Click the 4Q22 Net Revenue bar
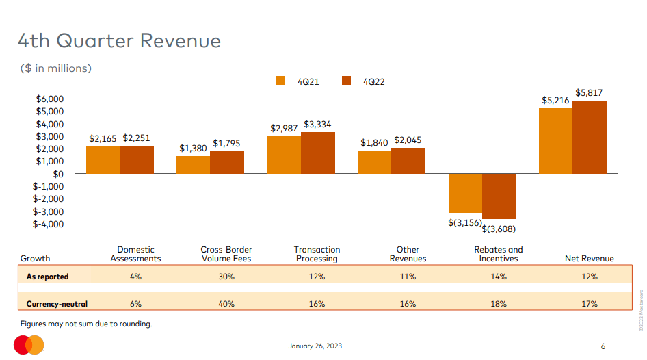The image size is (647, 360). tap(590, 137)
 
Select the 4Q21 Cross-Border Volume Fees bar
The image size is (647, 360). tap(193, 165)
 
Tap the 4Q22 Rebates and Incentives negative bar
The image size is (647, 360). tap(499, 196)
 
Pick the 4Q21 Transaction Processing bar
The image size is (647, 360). tap(284, 155)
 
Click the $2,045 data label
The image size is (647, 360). tap(408, 141)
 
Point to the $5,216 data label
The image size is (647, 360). tap(555, 100)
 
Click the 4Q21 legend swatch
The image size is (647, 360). tap(280, 81)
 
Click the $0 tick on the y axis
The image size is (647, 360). tap(58, 174)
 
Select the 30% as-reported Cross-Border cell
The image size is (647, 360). tap(226, 277)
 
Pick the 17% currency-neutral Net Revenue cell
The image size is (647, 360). tap(590, 303)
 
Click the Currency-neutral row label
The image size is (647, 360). tap(57, 303)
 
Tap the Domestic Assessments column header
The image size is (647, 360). tap(135, 254)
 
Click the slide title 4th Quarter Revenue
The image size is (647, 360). tap(119, 41)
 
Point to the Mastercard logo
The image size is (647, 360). tap(29, 346)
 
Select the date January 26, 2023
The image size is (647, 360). tap(315, 346)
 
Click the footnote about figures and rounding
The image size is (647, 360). tap(86, 324)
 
